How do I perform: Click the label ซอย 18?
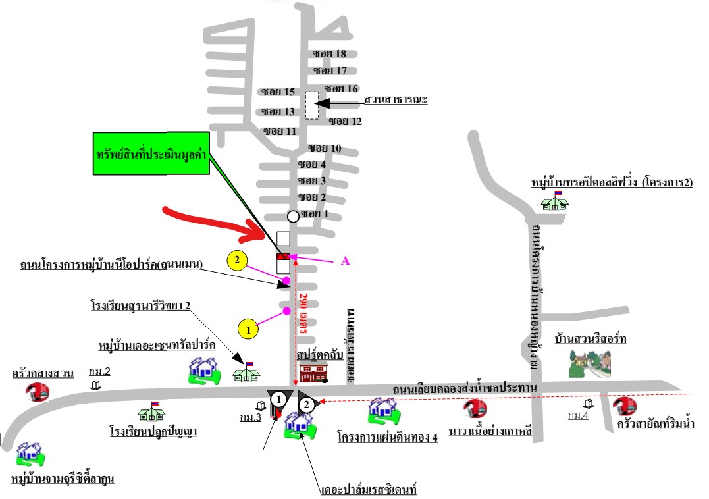pyautogui.click(x=330, y=54)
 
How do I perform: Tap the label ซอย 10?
pyautogui.click(x=325, y=148)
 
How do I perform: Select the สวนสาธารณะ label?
pyautogui.click(x=396, y=100)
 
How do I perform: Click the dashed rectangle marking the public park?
pyautogui.click(x=312, y=105)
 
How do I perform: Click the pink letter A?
pyautogui.click(x=344, y=261)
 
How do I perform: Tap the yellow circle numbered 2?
pyautogui.click(x=237, y=261)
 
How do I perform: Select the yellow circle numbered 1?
pyautogui.click(x=248, y=328)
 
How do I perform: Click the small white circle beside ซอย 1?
pyautogui.click(x=294, y=216)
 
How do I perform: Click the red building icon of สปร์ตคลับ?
pyautogui.click(x=313, y=372)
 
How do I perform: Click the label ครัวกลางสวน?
pyautogui.click(x=43, y=373)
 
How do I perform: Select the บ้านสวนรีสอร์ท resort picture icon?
pyautogui.click(x=591, y=364)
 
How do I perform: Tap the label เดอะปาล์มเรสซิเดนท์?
pyautogui.click(x=369, y=490)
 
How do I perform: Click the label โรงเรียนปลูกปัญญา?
pyautogui.click(x=153, y=432)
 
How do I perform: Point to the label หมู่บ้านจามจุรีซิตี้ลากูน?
pyautogui.click(x=63, y=479)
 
